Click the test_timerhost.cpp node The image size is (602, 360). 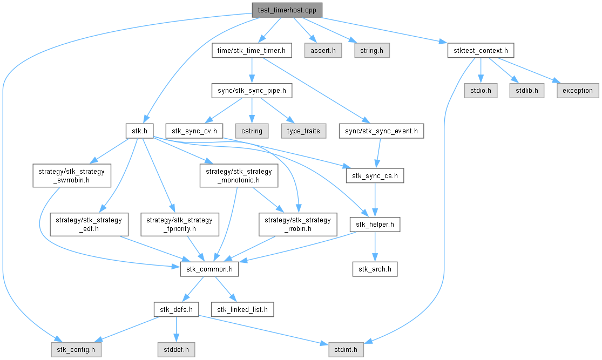click(287, 10)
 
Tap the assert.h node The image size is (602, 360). click(323, 51)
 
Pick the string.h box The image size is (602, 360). click(372, 51)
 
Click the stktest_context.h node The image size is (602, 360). click(480, 51)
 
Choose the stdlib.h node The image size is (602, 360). click(526, 91)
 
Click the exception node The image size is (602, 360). click(577, 91)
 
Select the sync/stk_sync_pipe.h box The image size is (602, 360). click(252, 91)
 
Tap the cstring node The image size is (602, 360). click(252, 131)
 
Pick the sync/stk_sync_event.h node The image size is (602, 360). click(381, 131)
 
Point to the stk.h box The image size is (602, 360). click(140, 131)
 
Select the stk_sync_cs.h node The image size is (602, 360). click(375, 175)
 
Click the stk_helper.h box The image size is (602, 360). click(375, 224)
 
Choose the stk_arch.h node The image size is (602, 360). click(375, 269)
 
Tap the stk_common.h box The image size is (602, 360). click(209, 269)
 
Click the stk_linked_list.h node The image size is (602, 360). click(242, 309)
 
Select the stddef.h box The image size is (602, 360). click(176, 350)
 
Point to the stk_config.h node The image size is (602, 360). click(77, 350)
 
